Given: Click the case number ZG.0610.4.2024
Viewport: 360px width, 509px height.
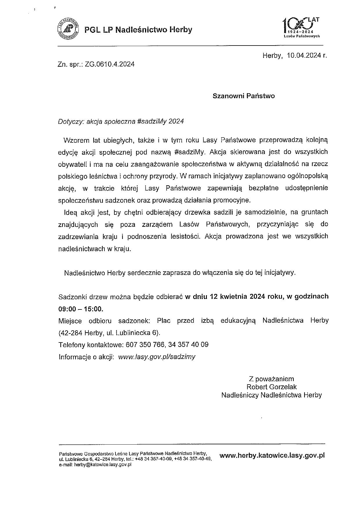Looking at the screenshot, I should coord(110,64).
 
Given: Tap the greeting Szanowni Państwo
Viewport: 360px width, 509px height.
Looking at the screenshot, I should coord(244,96).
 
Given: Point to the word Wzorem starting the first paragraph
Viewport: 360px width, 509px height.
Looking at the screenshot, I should coord(76,140).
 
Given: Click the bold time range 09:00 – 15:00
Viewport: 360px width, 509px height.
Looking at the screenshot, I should coord(81,309).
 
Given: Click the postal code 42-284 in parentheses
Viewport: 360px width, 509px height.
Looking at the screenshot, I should coord(71,333).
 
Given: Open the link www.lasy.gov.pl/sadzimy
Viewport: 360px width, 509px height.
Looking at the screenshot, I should coord(157,357).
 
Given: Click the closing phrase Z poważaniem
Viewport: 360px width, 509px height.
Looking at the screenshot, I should coord(271,379).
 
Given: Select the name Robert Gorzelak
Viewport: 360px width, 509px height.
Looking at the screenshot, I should coord(272,387).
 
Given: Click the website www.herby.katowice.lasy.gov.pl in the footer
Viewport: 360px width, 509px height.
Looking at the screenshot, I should coord(272,455).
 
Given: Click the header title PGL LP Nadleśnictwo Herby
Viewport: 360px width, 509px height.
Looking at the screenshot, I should coord(138,30).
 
